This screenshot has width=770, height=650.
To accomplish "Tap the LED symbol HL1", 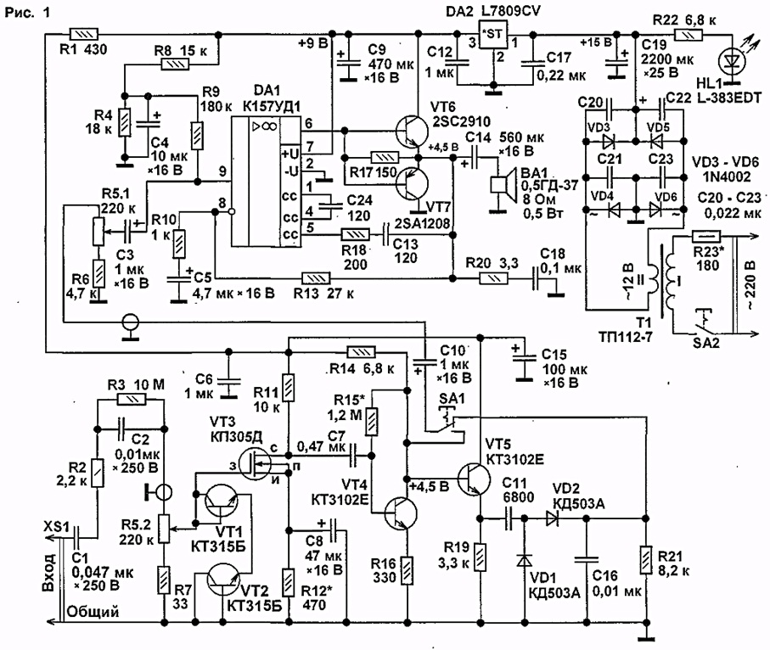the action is (x=732, y=62).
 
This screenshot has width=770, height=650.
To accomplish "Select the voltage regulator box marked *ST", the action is (x=492, y=34).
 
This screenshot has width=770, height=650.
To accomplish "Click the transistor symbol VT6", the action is (x=412, y=132).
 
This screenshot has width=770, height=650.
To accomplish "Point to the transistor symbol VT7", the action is (x=412, y=183).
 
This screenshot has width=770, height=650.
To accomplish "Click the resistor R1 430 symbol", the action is (x=84, y=34).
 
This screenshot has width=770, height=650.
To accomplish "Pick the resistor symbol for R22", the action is (x=689, y=35).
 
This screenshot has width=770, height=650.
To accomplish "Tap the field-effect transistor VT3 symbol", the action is (x=256, y=464).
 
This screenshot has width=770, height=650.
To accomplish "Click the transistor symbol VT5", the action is (x=474, y=479).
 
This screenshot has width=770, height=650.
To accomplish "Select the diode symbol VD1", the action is (x=525, y=561).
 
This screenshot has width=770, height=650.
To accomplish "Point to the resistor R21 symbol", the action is (x=646, y=560).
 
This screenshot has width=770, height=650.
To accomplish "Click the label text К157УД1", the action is (x=272, y=106).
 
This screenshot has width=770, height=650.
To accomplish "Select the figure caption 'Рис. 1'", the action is (x=28, y=12).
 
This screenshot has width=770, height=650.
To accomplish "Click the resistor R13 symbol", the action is (x=316, y=279).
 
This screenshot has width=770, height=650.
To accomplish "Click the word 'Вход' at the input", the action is (x=48, y=573).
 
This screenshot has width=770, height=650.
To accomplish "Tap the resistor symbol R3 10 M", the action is (x=132, y=400).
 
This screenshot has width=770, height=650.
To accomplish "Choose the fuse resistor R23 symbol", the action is (x=706, y=238).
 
